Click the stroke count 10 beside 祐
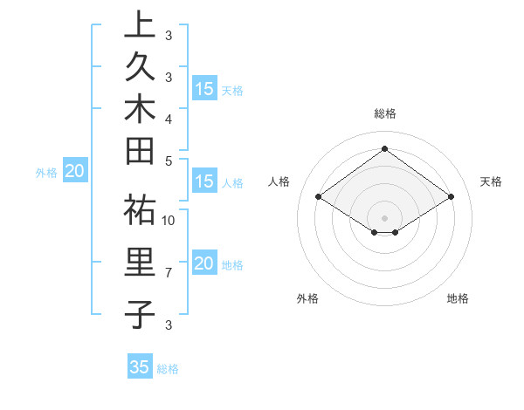coord(169,221)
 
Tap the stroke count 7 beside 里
coord(169,273)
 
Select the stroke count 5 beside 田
coord(169,161)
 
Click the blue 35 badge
coord(140,367)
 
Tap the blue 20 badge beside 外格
coord(74,172)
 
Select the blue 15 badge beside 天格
coord(204,89)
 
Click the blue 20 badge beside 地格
coord(204,264)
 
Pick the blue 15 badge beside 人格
coord(204,182)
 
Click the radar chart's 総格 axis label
coord(385,113)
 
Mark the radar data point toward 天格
coord(451,197)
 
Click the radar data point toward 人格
coord(319,197)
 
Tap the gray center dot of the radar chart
coord(384,217)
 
